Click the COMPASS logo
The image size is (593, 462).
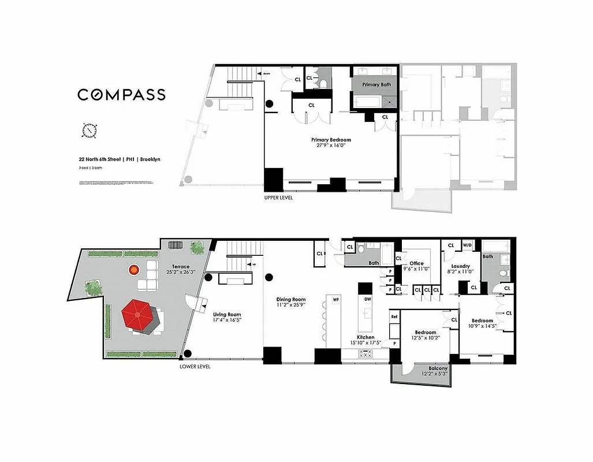[121, 95]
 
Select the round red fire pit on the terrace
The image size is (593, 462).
[134, 269]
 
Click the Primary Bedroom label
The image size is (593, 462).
[331, 140]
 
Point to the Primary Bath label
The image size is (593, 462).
[376, 85]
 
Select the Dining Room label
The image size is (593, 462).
[290, 299]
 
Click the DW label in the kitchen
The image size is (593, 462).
[367, 299]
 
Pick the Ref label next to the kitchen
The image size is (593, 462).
[394, 316]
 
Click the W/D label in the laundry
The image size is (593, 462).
[467, 245]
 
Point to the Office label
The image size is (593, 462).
[416, 263]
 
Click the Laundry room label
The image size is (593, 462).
[460, 266]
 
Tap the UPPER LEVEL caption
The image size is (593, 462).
[278, 198]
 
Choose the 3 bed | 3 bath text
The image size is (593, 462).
[91, 168]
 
